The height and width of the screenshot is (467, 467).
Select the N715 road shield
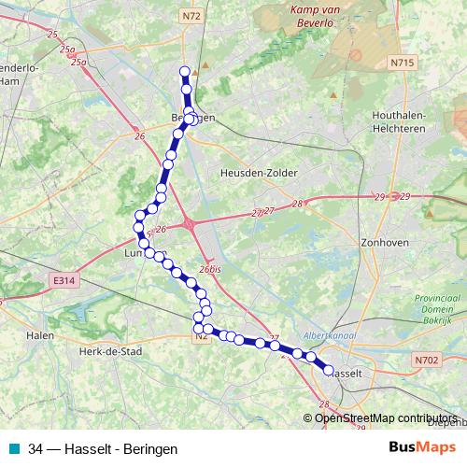pos(403,63)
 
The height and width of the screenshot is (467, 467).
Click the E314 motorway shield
pos(64,279)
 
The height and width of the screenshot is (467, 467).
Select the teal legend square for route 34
pos(11,448)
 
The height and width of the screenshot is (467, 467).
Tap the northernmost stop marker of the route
pos(185,71)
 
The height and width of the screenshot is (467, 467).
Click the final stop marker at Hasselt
pos(329,370)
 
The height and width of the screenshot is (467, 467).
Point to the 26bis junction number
pos(209,270)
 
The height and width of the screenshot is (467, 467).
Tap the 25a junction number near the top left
pos(78,63)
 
